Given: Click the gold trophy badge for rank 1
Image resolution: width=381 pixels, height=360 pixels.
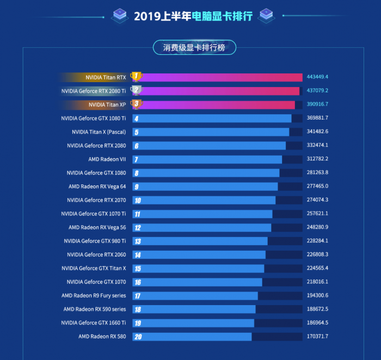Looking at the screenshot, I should click(136, 77).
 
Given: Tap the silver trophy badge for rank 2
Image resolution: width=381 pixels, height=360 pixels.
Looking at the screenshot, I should click(136, 90).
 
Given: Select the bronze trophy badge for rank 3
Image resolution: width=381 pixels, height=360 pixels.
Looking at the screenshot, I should click(136, 104).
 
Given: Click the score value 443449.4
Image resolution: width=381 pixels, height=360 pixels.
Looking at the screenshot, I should click(317, 77).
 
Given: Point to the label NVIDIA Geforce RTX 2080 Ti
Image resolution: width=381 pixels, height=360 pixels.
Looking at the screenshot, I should click(94, 91).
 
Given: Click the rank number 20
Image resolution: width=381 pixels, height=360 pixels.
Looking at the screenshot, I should click(138, 337).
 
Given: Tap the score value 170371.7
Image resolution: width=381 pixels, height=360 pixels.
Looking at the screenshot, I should click(317, 337).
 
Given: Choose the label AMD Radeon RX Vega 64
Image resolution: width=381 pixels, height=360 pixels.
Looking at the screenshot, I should click(97, 187).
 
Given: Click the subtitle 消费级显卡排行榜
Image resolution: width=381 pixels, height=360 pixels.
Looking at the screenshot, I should click(194, 48).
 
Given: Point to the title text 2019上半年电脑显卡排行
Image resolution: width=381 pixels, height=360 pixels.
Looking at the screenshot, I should click(193, 16).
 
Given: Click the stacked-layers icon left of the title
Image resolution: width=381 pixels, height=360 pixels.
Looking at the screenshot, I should click(120, 15).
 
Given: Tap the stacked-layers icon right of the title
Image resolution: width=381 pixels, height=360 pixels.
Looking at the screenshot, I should click(266, 15).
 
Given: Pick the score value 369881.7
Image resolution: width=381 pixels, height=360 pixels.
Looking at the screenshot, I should click(317, 118).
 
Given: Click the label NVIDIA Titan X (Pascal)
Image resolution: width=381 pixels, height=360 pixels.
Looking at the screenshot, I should click(99, 132).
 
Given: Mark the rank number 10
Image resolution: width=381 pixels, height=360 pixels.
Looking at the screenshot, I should click(138, 200).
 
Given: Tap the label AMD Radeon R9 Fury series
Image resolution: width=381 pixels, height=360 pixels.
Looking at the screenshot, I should click(94, 296).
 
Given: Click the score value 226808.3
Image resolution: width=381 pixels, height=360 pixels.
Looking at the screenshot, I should click(317, 255).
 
